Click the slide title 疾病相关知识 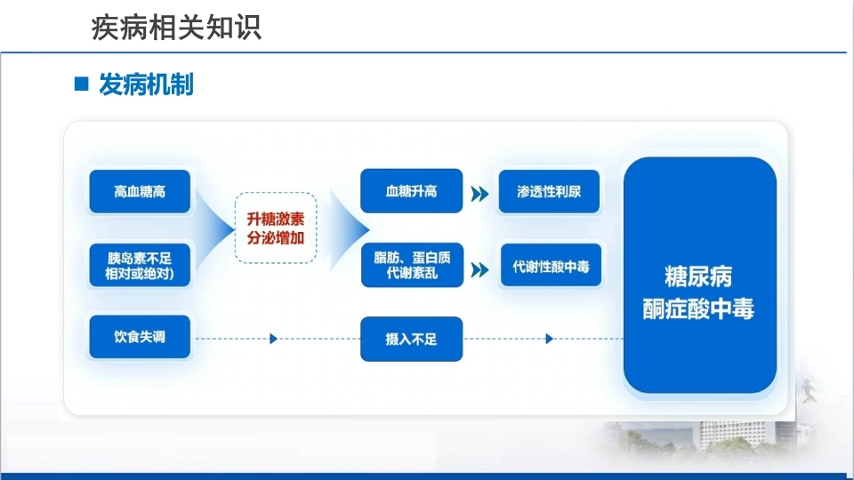(x=176, y=28)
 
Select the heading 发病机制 (x=146, y=84)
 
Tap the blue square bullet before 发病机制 (x=81, y=84)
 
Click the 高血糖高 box (x=140, y=192)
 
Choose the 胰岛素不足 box (x=140, y=265)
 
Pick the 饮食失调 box (x=140, y=337)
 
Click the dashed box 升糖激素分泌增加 (x=276, y=228)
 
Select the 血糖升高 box (x=411, y=191)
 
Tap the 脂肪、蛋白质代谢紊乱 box (x=412, y=265)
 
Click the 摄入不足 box (x=411, y=339)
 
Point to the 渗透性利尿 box (x=549, y=192)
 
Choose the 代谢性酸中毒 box (x=551, y=266)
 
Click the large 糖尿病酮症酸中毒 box (x=700, y=275)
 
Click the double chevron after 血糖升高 (x=479, y=194)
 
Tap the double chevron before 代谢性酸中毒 (x=479, y=270)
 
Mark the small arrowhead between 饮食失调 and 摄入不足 (x=273, y=339)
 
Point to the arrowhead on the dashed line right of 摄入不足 (x=549, y=339)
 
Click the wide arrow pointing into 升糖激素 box (x=214, y=228)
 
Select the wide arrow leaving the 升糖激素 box (x=349, y=229)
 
